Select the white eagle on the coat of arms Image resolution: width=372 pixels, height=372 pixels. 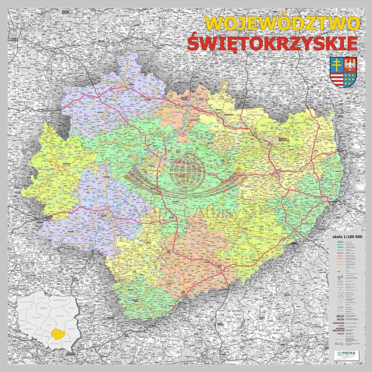350,64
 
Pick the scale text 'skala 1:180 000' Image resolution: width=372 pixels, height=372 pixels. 347,237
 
